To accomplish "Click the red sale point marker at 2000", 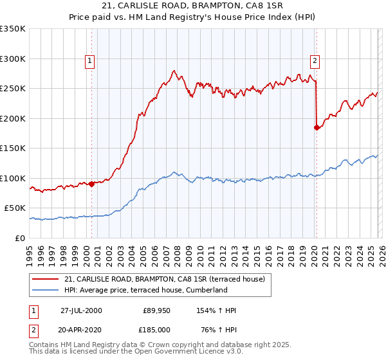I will coord(91,184).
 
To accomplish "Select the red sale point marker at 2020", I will coord(316,127).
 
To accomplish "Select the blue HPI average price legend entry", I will coord(146,290).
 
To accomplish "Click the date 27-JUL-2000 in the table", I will coord(81,310).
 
